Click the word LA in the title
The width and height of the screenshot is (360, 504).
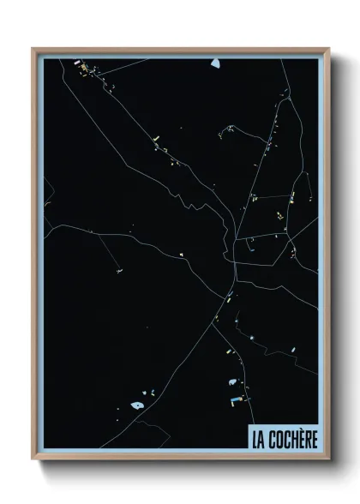pos(257,438)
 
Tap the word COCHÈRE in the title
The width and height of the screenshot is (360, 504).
pos(292,438)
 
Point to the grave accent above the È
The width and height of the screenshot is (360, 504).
pos(298,429)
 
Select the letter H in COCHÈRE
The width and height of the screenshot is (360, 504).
pos(290,439)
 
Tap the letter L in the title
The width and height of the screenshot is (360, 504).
pos(255,439)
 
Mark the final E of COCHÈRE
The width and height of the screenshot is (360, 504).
pos(314,439)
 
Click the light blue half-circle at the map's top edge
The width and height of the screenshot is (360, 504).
pos(215,63)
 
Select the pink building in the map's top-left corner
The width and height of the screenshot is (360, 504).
pos(76,63)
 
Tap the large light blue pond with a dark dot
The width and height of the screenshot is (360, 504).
pos(136,405)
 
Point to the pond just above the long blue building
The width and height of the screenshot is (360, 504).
pos(231,381)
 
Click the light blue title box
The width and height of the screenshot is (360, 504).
pos(283,437)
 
